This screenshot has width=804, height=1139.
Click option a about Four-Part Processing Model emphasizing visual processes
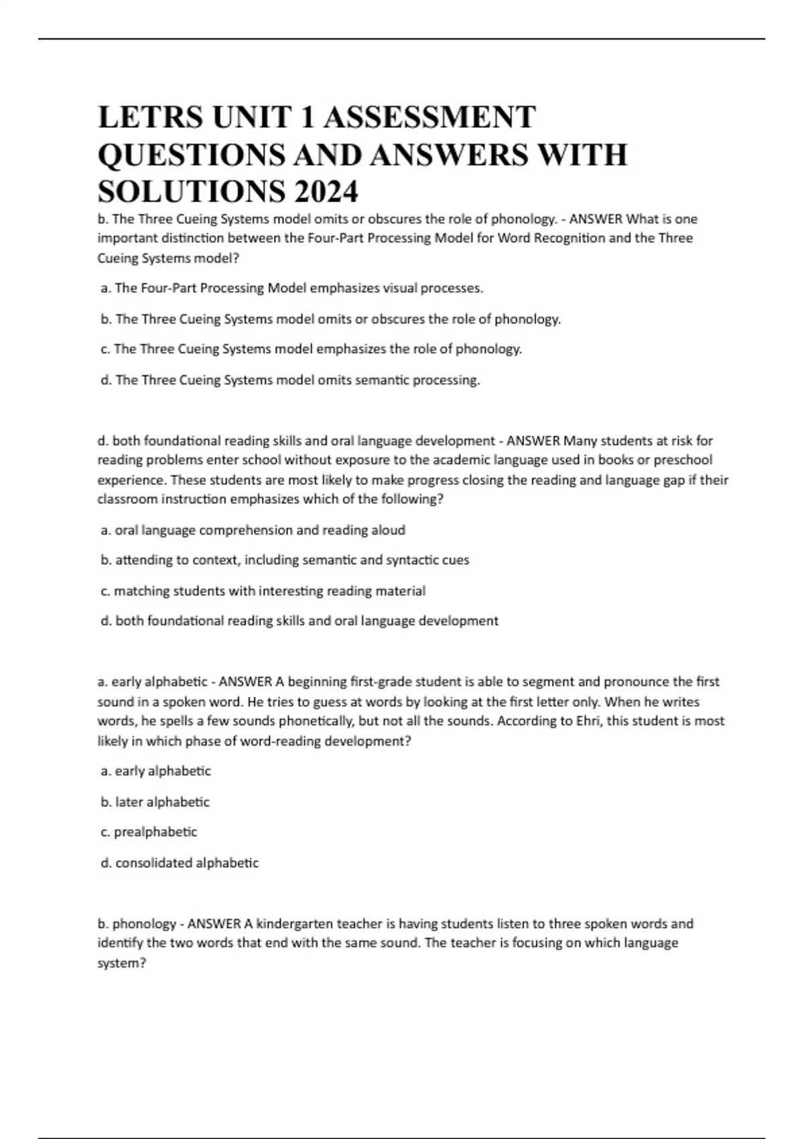[x=291, y=288]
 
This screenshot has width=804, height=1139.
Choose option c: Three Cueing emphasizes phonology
[x=311, y=349]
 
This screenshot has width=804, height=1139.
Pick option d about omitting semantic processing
[x=290, y=380]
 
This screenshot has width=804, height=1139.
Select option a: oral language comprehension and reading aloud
[x=253, y=530]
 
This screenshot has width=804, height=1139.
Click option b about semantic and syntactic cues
[x=285, y=560]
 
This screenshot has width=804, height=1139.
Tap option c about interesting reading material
[x=263, y=591]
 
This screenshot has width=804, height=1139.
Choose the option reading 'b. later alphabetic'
[x=155, y=802]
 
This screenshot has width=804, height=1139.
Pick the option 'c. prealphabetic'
[x=149, y=832]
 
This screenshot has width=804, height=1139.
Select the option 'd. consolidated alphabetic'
[x=179, y=863]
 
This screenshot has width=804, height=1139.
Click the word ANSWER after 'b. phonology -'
[x=214, y=923]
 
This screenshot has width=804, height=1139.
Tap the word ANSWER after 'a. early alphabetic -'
[x=245, y=682]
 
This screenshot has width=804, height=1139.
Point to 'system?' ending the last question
[x=122, y=963]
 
